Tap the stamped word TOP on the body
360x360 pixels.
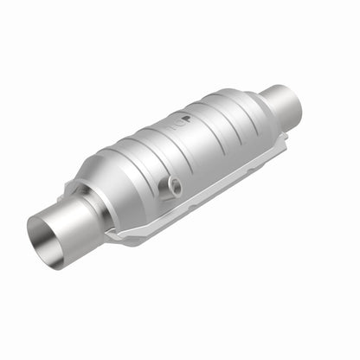click(178, 124)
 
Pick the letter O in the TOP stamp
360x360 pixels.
click(178, 124)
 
